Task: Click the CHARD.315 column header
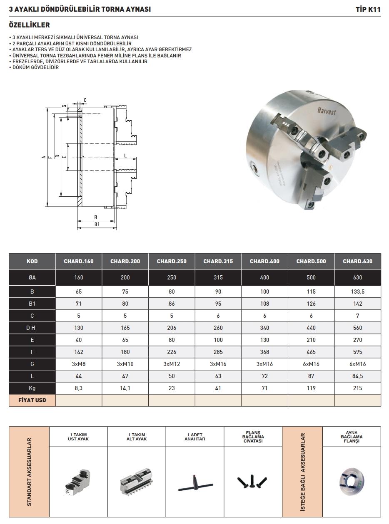tap(218, 261)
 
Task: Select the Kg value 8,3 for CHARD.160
tap(79, 388)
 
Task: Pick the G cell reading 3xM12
tap(172, 364)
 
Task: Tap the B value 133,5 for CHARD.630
tap(357, 292)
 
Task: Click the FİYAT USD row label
tap(32, 400)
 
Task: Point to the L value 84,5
tap(357, 376)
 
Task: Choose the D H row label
tap(30, 328)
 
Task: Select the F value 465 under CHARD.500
tap(311, 352)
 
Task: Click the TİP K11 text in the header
tap(368, 10)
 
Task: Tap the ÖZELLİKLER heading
tap(29, 25)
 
